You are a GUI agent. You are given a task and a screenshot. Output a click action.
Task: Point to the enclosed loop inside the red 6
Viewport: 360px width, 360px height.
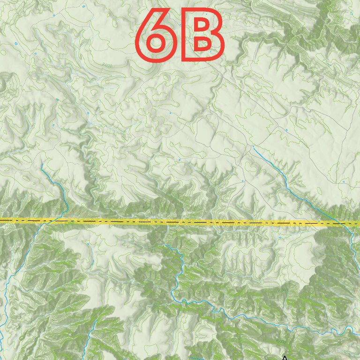click(157, 44)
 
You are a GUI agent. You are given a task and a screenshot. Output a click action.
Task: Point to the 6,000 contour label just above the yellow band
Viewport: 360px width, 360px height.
click(148, 207)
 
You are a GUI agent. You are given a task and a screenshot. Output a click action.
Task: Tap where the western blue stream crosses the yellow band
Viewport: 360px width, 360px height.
click(47, 221)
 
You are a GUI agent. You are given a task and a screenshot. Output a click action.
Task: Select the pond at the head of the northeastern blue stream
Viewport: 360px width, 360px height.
click(254, 147)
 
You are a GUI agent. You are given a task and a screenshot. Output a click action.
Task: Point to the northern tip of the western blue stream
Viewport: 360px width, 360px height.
click(42, 165)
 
